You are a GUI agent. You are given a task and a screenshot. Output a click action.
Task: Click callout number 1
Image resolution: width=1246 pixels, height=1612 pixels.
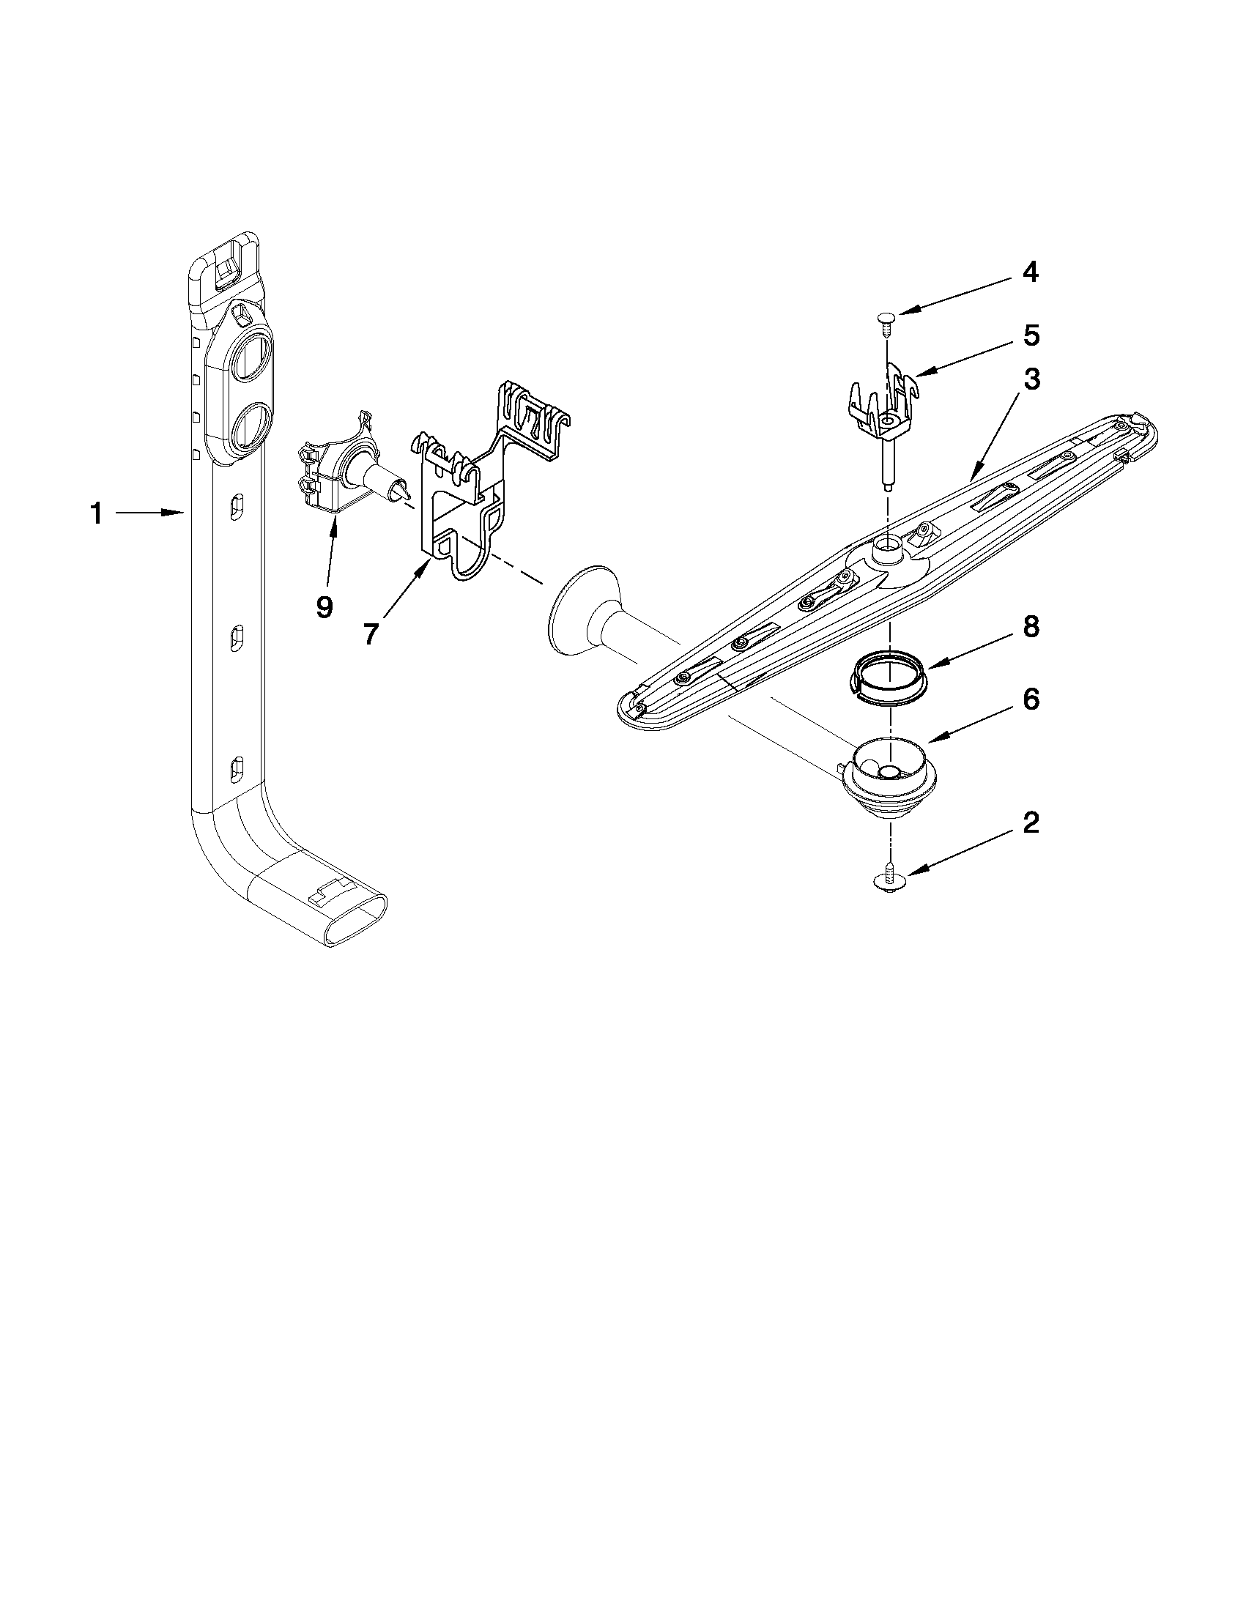[x=96, y=513]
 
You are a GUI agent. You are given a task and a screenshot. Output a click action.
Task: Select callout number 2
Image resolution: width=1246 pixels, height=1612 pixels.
[x=1031, y=823]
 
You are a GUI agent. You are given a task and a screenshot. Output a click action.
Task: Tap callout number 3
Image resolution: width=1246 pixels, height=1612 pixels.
[x=1031, y=379]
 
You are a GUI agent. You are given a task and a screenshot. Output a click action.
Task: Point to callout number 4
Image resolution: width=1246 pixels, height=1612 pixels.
[x=1031, y=272]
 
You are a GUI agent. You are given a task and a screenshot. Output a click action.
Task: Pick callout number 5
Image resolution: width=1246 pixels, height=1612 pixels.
[x=1031, y=335]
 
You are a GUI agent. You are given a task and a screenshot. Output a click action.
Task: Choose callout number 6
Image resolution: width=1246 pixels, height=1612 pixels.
[x=1031, y=699]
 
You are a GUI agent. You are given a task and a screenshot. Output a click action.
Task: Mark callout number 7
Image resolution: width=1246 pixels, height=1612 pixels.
[x=371, y=634]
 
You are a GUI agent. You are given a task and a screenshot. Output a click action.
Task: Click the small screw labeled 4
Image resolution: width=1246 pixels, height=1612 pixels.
[x=886, y=319]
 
